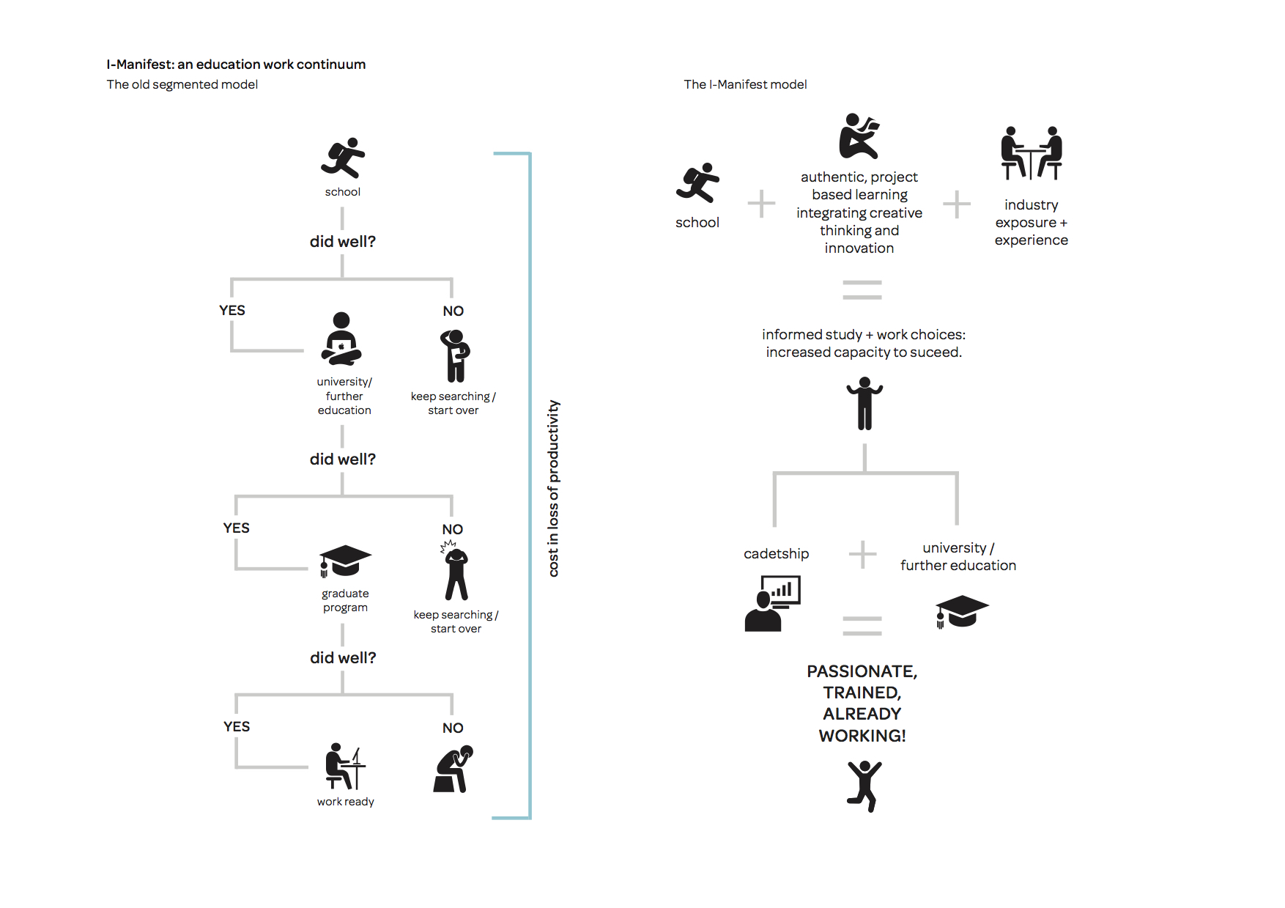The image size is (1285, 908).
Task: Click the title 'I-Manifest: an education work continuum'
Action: (236, 64)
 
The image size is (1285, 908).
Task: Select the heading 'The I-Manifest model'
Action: (745, 84)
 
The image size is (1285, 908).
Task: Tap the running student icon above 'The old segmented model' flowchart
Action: (343, 158)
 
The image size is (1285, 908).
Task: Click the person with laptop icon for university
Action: (341, 339)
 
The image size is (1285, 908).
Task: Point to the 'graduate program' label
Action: (345, 600)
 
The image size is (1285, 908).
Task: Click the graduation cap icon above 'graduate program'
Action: (345, 561)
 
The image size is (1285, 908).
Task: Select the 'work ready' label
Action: (346, 802)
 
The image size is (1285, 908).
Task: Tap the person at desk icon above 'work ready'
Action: (345, 766)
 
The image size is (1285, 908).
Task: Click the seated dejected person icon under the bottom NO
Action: (453, 769)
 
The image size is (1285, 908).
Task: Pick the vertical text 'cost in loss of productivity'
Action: (554, 488)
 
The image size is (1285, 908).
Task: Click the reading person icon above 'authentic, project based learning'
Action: (859, 136)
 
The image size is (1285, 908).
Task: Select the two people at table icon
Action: (1032, 153)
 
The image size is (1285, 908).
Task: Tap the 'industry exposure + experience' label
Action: (1032, 222)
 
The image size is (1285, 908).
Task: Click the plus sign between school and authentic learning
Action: (762, 204)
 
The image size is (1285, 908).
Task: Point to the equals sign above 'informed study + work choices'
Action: (862, 290)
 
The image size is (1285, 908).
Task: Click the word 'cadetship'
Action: (777, 554)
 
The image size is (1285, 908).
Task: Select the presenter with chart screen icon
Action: (773, 603)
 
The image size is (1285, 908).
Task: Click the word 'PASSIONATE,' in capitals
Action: (862, 672)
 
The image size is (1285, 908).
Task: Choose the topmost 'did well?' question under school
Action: (343, 242)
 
